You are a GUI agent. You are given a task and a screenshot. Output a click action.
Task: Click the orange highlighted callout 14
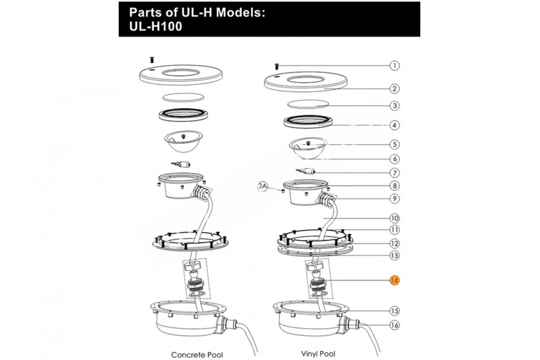[x=394, y=280]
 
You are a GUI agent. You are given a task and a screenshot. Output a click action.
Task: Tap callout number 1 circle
[x=395, y=66]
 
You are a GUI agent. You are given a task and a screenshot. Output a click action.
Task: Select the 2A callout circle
[x=263, y=186]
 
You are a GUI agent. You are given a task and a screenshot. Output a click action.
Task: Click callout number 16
[x=395, y=325]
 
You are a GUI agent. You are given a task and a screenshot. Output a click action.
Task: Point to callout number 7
[x=395, y=173]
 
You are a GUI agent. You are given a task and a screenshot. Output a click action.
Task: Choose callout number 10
[x=395, y=218]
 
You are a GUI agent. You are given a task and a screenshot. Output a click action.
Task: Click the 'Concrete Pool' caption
[x=197, y=355]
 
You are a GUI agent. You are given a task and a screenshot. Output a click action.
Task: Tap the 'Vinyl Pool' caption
[x=318, y=354]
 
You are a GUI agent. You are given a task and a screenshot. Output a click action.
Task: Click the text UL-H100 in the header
[x=156, y=27]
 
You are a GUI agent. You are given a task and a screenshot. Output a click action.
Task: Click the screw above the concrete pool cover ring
[x=152, y=59]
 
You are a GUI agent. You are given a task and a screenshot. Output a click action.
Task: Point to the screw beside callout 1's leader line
[x=277, y=67]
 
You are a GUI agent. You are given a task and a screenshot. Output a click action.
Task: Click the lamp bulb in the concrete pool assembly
[x=181, y=164]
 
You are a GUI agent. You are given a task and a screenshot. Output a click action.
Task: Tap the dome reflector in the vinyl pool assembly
[x=308, y=148]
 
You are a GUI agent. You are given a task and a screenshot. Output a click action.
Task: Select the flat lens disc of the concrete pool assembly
[x=183, y=97]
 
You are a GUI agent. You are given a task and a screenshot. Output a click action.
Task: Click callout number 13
[x=395, y=255]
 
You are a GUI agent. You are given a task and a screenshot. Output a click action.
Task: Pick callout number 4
[x=395, y=126]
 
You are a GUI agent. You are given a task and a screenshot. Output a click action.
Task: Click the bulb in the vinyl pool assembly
[x=306, y=171]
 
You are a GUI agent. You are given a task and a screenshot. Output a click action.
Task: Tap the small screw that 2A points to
[x=283, y=191]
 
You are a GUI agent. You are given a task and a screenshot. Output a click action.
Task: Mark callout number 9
[x=395, y=198]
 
